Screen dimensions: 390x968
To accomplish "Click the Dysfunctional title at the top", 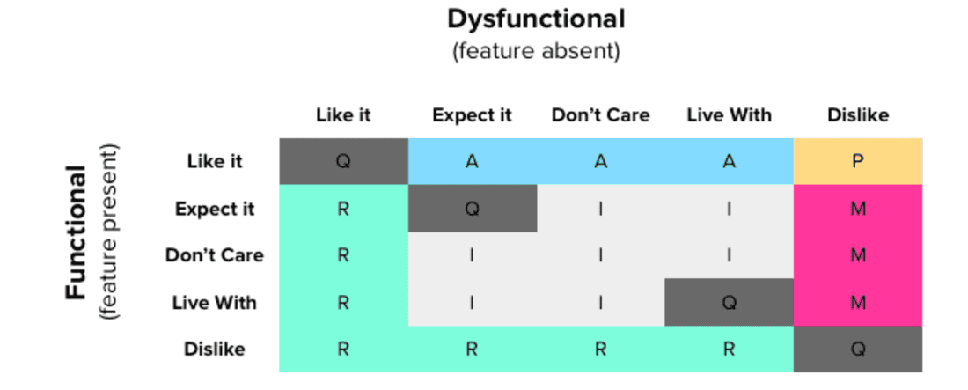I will click(536, 18).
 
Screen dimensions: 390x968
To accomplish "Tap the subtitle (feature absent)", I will click(536, 52).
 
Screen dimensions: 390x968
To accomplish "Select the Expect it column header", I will click(472, 115).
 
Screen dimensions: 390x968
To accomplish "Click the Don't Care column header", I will click(600, 115).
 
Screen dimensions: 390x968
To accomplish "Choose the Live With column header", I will click(729, 115).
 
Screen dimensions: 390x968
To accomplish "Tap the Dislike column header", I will click(857, 115).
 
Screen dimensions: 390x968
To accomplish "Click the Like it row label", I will click(215, 161).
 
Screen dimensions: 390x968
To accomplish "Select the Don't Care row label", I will click(215, 255).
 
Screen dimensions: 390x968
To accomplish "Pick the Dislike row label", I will click(215, 349).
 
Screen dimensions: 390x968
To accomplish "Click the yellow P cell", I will click(857, 161).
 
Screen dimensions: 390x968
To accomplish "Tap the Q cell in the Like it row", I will click(343, 161).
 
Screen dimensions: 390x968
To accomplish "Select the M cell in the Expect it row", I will click(857, 209).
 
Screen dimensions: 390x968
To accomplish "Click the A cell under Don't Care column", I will click(600, 161).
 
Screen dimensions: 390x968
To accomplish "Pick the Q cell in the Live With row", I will click(729, 302).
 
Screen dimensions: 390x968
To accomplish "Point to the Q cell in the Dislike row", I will click(857, 349).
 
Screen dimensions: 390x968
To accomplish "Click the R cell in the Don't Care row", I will click(343, 255).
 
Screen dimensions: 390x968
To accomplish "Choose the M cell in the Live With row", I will click(857, 302).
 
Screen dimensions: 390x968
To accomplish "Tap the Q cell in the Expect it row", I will click(472, 209).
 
